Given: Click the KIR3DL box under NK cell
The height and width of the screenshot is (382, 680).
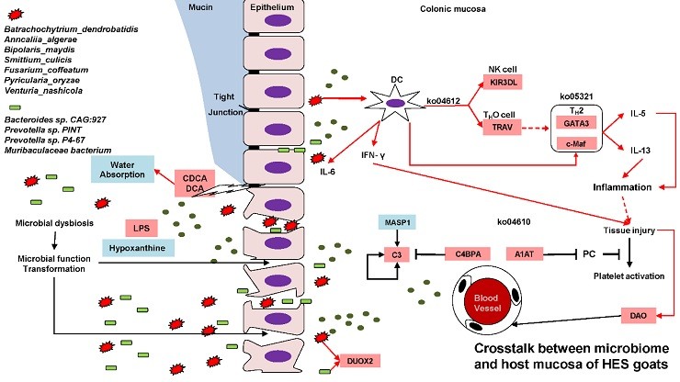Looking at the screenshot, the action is point(503,82).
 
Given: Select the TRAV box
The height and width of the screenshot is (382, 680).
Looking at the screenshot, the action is point(503,127).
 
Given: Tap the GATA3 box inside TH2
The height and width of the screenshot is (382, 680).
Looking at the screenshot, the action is point(576,123).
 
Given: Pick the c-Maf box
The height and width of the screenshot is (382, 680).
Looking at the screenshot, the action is point(576,143).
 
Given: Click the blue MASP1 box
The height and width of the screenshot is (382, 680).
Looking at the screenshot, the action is point(397,222).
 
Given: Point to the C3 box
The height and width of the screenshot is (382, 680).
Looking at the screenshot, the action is point(396,254).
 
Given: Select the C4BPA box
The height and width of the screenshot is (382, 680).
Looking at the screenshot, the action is point(468,254).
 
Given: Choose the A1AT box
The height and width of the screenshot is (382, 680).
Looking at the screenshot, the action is point(525,254).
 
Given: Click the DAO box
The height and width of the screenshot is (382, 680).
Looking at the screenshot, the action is point(638,316).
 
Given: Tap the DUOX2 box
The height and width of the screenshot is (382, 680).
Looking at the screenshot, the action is point(360,361).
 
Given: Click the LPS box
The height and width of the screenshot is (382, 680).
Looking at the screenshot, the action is point(142,228).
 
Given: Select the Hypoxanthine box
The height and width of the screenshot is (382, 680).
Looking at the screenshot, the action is point(139,248).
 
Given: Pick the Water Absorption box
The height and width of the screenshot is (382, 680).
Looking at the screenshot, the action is point(122,170).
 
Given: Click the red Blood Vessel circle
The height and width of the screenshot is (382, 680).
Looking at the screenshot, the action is point(486,303).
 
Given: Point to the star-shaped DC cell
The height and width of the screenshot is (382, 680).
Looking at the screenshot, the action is point(395,103).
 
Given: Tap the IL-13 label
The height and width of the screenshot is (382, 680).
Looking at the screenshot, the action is point(640,151).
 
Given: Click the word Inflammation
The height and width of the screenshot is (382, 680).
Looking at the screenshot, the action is point(622,187).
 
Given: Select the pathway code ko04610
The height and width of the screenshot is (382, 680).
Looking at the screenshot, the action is point(514,222).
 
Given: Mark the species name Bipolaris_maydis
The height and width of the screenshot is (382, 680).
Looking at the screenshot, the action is point(40,50).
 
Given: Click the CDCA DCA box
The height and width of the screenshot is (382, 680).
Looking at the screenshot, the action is point(195,184).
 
